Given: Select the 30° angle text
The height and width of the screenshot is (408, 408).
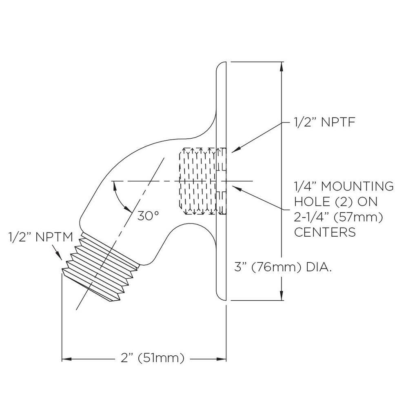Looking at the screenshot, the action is pyautogui.click(x=148, y=216).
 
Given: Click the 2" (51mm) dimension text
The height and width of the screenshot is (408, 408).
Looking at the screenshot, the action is pyautogui.click(x=153, y=358).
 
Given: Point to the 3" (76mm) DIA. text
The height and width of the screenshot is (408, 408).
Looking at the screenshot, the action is pyautogui.click(x=283, y=267).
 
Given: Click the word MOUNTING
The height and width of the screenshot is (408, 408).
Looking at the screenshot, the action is pyautogui.click(x=357, y=186).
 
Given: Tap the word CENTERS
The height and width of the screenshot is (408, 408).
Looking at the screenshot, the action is pyautogui.click(x=325, y=232).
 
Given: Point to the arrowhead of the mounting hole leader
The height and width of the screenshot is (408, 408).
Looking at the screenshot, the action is pyautogui.click(x=235, y=188).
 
